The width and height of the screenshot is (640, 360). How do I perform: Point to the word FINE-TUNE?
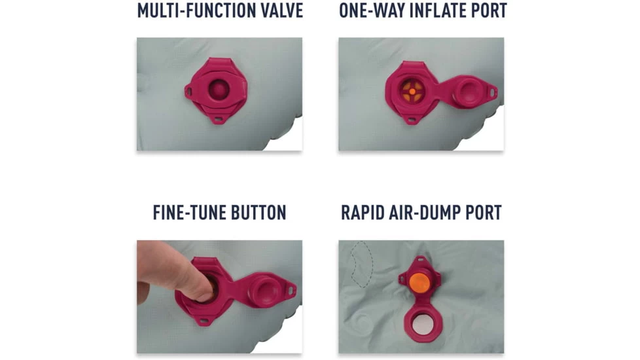tap(189, 213)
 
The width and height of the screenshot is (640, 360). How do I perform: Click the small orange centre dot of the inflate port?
tap(412, 92)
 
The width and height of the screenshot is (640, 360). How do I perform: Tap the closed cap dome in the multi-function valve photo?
tap(219, 89)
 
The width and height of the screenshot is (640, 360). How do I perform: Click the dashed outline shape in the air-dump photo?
tap(362, 264)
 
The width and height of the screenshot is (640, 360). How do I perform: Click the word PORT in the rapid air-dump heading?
tap(486, 213)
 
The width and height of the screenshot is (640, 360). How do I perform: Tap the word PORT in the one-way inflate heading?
tap(489, 10)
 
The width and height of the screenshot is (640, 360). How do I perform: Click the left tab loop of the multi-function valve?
tap(188, 92)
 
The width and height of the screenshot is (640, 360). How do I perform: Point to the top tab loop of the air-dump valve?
tap(419, 260)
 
